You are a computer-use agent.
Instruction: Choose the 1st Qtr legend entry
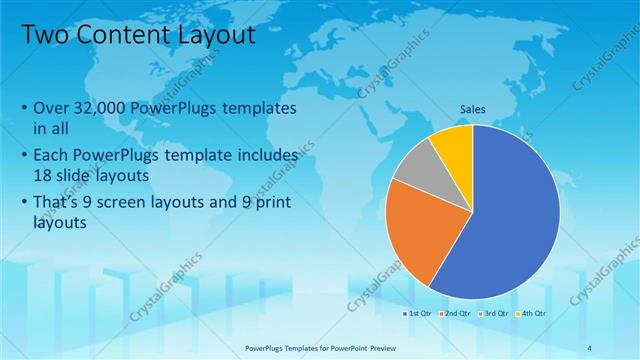click(x=419, y=313)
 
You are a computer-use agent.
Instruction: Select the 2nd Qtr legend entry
click(x=457, y=313)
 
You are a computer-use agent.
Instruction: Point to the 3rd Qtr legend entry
click(x=494, y=313)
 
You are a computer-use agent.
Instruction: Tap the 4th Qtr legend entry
click(x=531, y=313)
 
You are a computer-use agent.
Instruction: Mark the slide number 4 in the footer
click(x=590, y=348)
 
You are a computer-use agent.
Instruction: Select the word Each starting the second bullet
click(x=54, y=156)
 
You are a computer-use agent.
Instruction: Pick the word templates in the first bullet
click(x=259, y=107)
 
